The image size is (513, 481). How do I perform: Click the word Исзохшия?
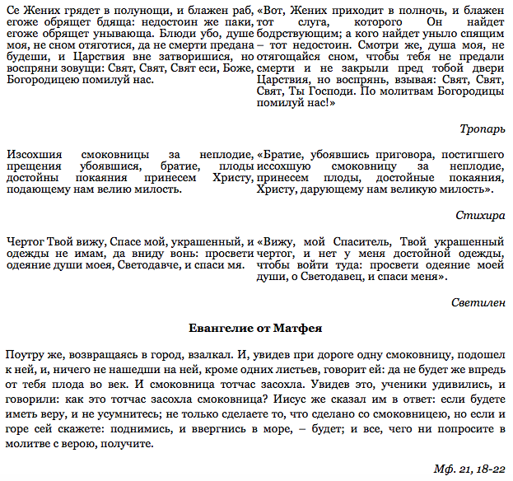click(x=32, y=154)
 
